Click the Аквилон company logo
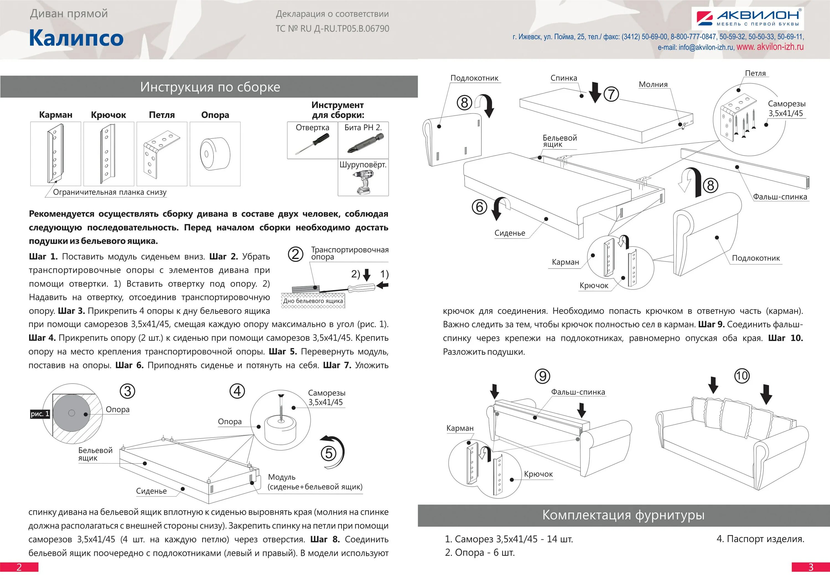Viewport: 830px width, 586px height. (x=747, y=18)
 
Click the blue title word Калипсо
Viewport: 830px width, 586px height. (x=76, y=38)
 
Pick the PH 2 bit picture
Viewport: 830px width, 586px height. (x=365, y=143)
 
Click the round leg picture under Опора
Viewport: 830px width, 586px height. (x=215, y=154)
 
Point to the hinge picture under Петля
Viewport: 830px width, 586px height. (x=161, y=154)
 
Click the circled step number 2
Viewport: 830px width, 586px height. (x=295, y=254)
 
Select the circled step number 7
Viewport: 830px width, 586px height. (x=611, y=94)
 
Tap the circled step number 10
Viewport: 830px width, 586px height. (x=741, y=376)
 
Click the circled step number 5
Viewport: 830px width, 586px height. (x=329, y=453)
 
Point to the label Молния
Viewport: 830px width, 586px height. (x=653, y=85)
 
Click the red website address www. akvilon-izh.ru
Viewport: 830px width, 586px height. (x=770, y=47)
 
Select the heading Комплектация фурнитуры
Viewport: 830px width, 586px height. (x=623, y=515)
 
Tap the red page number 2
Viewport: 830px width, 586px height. (x=19, y=567)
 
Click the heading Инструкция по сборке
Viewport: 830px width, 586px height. (x=210, y=87)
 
